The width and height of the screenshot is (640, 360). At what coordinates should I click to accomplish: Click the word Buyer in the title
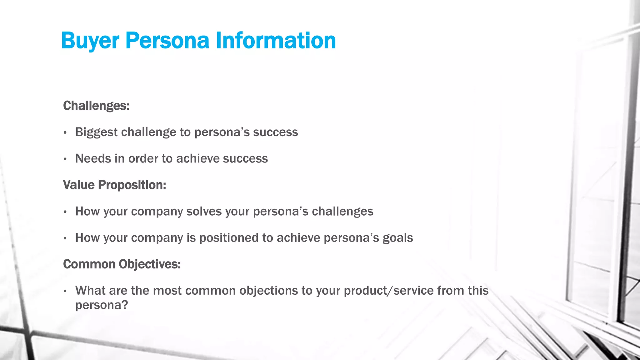point(90,41)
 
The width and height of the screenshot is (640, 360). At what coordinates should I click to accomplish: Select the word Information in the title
point(276,41)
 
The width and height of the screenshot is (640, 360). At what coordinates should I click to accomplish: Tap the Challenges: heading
point(96,106)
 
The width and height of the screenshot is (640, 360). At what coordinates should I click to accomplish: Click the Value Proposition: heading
point(114,185)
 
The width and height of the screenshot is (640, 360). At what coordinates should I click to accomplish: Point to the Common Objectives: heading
point(122,264)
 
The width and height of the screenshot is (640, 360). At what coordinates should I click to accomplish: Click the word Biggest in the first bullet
point(96,132)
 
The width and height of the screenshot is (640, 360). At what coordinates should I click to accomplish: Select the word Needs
point(93,159)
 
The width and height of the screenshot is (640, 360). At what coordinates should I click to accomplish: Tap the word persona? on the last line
point(102,305)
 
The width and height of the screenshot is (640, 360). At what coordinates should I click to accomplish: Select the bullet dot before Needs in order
point(65,159)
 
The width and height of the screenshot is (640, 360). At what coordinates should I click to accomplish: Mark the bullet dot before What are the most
point(65,291)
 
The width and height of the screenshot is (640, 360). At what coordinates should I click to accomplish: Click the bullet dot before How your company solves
point(65,212)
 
